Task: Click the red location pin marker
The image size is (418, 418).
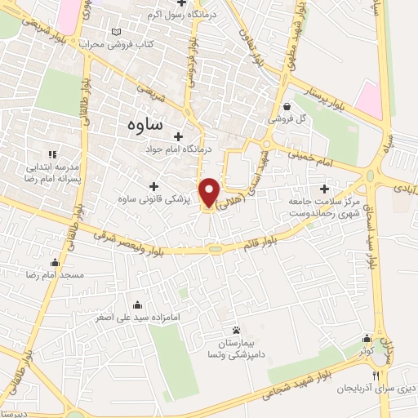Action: (x=209, y=193)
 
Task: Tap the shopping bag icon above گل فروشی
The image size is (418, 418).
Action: (x=287, y=106)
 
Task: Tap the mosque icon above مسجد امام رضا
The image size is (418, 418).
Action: (x=55, y=263)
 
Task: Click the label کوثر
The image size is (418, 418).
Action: (x=364, y=349)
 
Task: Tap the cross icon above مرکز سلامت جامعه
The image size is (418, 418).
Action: (x=324, y=189)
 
